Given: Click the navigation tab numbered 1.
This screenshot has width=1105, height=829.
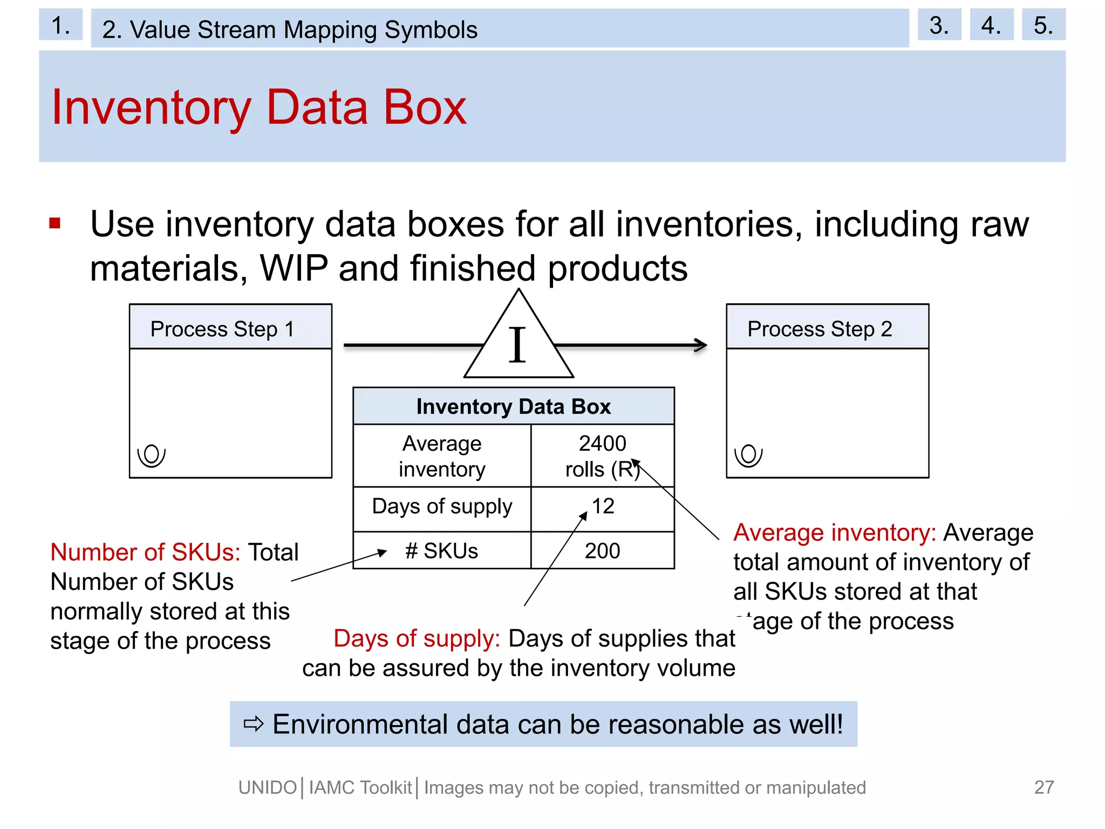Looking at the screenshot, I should point(60,25).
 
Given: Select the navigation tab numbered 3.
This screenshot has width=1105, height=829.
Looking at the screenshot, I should point(939,25).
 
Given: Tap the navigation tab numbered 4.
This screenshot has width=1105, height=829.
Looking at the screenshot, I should point(991,25).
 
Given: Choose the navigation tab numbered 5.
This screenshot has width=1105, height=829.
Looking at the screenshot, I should point(1043,25).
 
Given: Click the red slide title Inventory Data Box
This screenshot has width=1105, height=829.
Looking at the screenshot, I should point(259,107).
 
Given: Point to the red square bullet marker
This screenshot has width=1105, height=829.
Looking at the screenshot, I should point(54,223).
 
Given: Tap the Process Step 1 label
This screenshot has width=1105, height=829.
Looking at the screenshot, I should point(222,329).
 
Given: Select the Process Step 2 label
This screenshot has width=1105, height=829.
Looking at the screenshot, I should point(820,329).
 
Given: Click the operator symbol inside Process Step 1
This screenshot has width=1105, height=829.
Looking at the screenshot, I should point(151,455).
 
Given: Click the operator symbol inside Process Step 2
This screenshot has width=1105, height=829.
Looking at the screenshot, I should point(748,455).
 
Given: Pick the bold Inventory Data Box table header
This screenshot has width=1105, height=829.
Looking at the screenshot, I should point(513,406).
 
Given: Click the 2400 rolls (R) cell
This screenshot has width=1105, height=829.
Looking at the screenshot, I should point(602,456).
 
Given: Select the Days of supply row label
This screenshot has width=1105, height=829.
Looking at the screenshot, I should point(442,507).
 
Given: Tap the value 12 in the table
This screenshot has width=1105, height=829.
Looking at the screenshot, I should point(603,506).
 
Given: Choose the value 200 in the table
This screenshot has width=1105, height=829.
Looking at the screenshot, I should point(602,551).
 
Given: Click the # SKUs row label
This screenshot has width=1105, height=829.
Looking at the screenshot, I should point(442,551).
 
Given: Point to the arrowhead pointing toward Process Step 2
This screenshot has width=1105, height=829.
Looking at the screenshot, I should point(701,345).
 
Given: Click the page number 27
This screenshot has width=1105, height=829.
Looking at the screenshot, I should point(1044,787).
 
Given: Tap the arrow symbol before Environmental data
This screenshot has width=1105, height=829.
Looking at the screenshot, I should point(254,724).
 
